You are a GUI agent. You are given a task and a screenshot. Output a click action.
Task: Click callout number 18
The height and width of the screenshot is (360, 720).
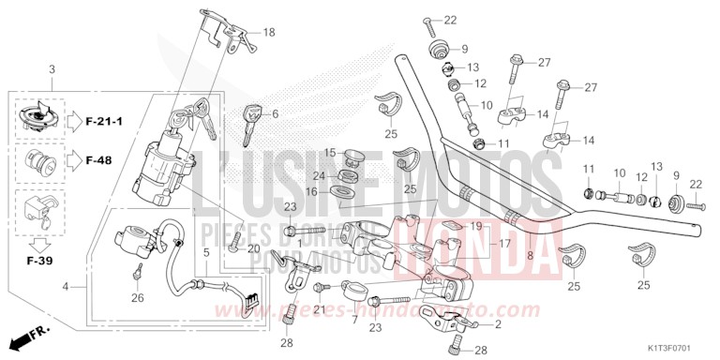coord(269,33)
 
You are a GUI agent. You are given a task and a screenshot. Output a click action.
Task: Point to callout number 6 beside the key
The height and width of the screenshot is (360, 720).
coord(276,114)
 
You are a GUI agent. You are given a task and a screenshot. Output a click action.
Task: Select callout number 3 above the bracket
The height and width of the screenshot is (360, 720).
coord(52,70)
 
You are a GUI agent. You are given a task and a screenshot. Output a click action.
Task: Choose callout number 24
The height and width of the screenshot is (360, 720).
coord(319,176)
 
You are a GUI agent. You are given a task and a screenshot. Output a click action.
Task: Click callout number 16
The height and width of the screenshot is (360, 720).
coord(310,191)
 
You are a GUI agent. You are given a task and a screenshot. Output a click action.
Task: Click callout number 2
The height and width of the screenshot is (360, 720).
coord(498,324)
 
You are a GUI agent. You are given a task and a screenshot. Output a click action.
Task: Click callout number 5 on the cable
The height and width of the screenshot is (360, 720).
coord(206,253)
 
